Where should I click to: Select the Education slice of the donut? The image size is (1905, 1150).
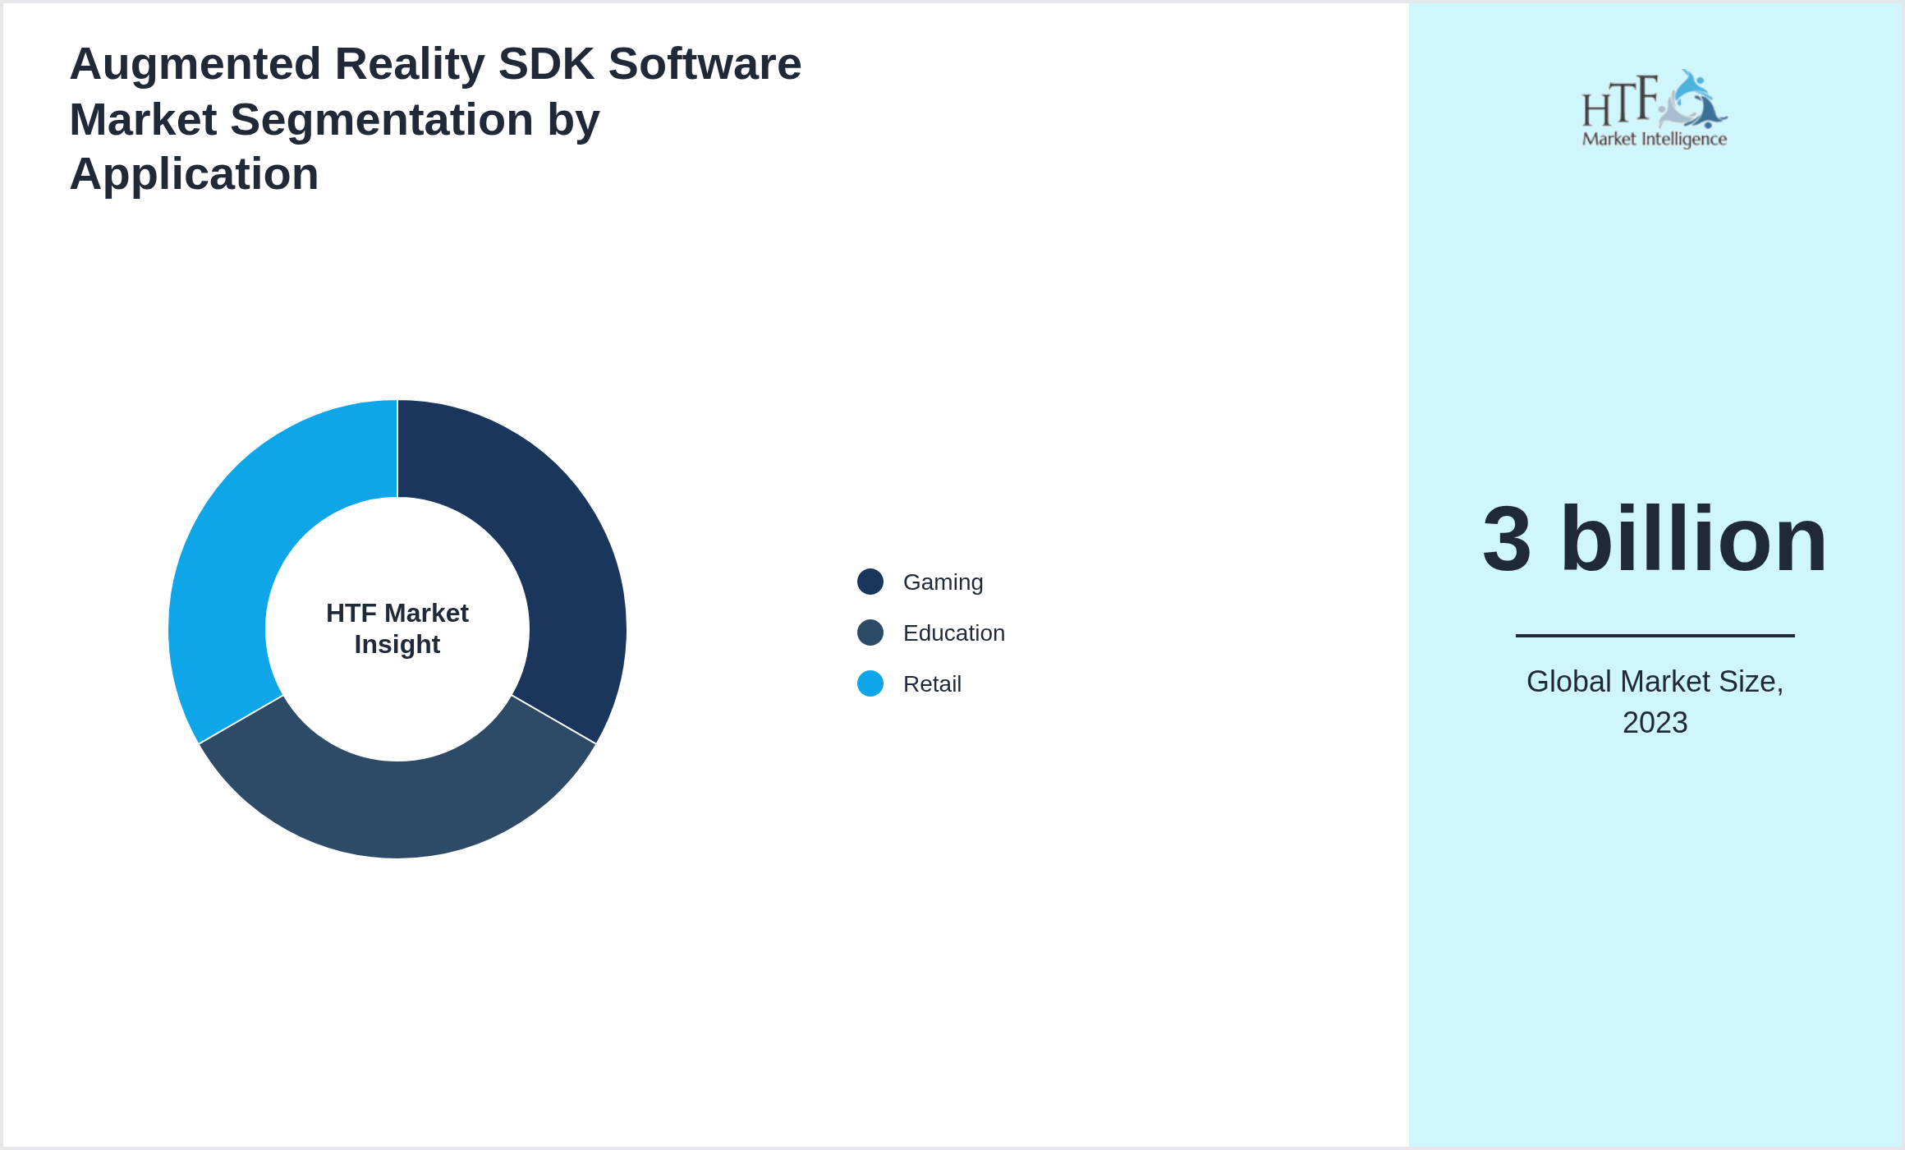pos(397,809)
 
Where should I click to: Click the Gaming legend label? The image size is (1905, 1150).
pos(943,582)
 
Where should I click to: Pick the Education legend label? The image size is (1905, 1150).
pos(953,632)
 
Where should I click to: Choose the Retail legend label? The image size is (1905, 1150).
pos(932,683)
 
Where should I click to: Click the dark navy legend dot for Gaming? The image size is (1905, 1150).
pos(870,582)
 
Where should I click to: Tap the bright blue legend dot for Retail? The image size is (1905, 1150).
pos(870,683)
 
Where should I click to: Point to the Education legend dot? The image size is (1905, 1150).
pos(870,632)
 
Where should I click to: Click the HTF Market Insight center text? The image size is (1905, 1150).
pos(397,628)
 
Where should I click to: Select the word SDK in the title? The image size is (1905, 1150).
pos(546,64)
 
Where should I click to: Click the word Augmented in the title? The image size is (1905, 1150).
pos(195,64)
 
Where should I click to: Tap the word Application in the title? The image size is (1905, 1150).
pos(194,174)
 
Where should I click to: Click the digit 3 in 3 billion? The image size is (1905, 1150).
pos(1507,540)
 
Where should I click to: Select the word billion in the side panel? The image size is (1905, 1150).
pos(1693,540)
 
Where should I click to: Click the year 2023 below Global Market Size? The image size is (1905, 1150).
pos(1655,722)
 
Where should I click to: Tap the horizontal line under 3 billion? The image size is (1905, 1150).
pos(1655,635)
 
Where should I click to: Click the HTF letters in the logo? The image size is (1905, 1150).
pos(1619,103)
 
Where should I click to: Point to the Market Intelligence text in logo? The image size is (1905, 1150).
pos(1654,139)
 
